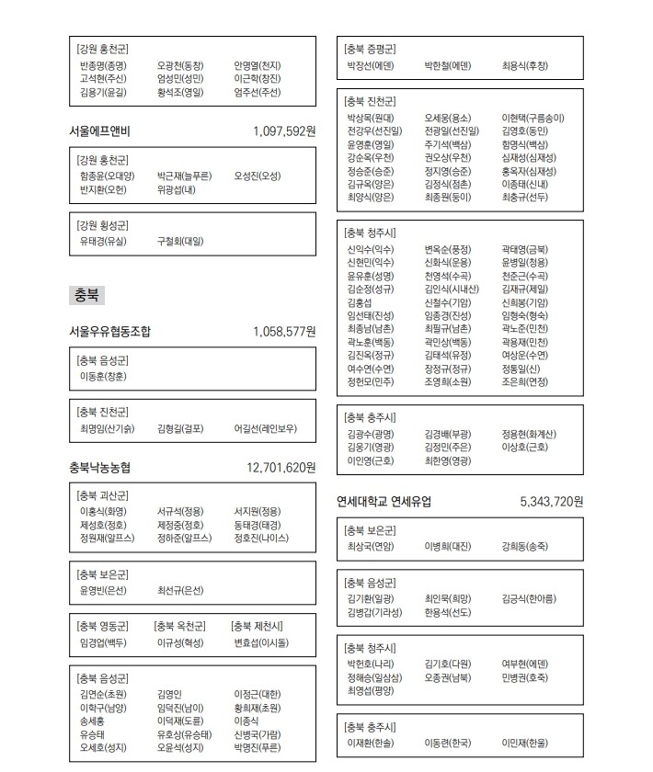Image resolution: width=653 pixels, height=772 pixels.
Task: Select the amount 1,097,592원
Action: pyautogui.click(x=284, y=131)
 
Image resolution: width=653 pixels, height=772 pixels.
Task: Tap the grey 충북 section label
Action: pyautogui.click(x=86, y=295)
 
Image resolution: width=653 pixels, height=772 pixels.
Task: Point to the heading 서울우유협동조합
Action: pyautogui.click(x=110, y=331)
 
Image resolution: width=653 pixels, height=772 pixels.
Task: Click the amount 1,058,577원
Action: pyautogui.click(x=284, y=331)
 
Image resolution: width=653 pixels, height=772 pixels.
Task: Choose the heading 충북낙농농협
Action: pyautogui.click(x=99, y=468)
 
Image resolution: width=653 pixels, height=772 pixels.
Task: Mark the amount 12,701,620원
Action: pyautogui.click(x=281, y=468)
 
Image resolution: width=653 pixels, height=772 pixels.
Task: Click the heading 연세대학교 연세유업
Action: pyautogui.click(x=384, y=502)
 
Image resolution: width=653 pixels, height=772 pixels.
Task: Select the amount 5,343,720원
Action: pyautogui.click(x=552, y=502)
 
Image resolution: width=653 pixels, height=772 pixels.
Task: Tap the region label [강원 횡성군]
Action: pyautogui.click(x=103, y=224)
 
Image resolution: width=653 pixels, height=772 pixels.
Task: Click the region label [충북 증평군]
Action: pyautogui.click(x=371, y=49)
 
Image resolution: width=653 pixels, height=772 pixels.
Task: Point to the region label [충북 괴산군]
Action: pyautogui.click(x=103, y=495)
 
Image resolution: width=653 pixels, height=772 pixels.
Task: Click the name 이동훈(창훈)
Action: pyautogui.click(x=104, y=376)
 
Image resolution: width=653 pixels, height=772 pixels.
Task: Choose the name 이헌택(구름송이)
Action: pyautogui.click(x=533, y=118)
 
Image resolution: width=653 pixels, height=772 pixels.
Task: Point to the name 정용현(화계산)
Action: pyautogui.click(x=529, y=434)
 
